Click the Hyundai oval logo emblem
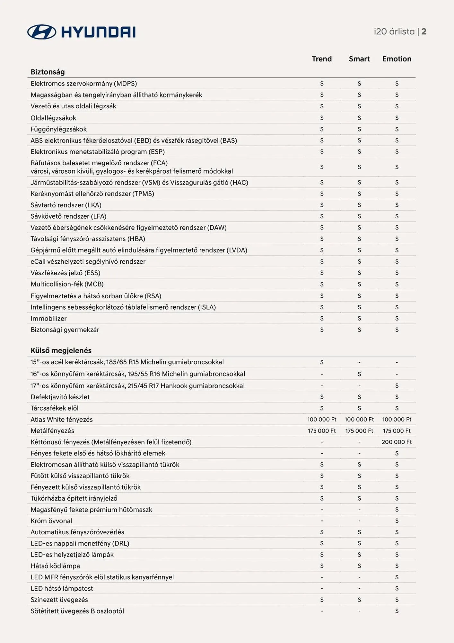pos(42,32)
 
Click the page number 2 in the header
pos(424,32)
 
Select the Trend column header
pos(321,59)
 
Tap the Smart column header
pos(359,59)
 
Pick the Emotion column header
pos(397,59)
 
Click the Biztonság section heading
pos(48,72)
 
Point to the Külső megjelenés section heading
pos(61,350)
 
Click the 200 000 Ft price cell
pos(397,442)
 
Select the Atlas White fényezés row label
pos(62,420)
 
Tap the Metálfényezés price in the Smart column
pos(359,431)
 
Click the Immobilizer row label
pos(48,319)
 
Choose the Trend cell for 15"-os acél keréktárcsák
pos(322,362)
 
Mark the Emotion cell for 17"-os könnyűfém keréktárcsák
pos(397,386)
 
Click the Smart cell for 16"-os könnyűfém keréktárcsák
pos(359,374)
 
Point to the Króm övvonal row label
pos(51,521)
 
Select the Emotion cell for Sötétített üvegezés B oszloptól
pos(397,611)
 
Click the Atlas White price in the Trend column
pos(322,420)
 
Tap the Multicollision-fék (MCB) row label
pos(67,284)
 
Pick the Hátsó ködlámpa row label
pos(55,566)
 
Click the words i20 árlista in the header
pos(394,32)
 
